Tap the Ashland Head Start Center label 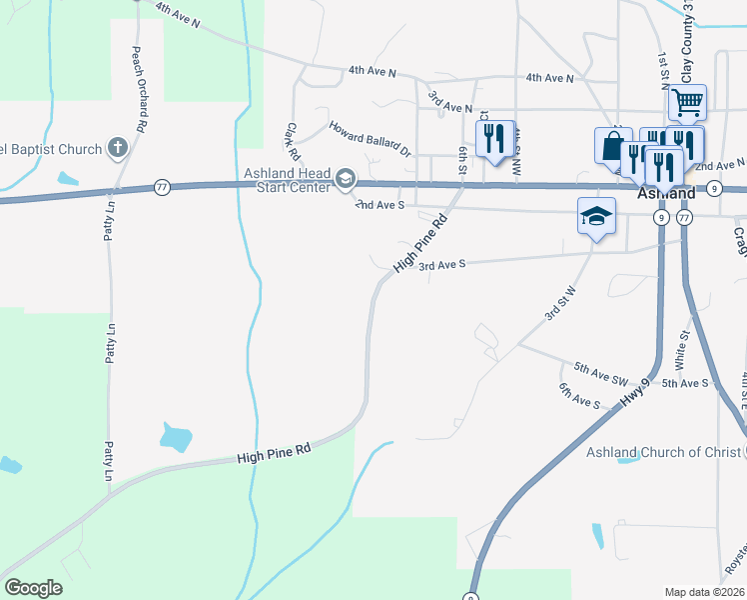point(289,180)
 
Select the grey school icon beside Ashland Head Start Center point(346,179)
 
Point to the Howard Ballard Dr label point(370,139)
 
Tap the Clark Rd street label point(293,142)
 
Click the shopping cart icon point(686,101)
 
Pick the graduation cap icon point(595,215)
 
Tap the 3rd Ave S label point(442,266)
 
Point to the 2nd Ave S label point(380,204)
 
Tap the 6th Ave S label point(579,397)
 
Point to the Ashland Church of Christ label point(663,452)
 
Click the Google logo point(33,588)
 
